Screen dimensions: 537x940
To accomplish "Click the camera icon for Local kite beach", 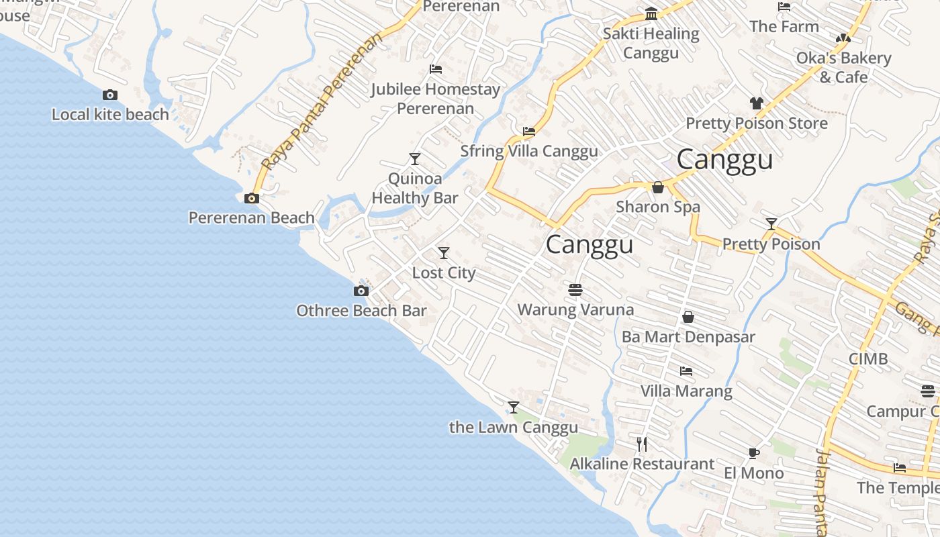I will [x=110, y=95].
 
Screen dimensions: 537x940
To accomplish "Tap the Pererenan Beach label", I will [x=251, y=217].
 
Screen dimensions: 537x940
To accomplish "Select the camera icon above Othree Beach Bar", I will [x=361, y=291].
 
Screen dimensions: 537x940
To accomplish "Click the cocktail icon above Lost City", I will [x=444, y=253].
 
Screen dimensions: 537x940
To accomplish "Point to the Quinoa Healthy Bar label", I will [x=415, y=188].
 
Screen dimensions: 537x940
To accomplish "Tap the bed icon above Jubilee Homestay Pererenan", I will [x=436, y=69].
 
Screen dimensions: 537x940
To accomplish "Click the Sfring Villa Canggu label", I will [x=529, y=151].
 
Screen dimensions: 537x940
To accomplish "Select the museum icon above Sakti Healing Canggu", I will [x=651, y=14].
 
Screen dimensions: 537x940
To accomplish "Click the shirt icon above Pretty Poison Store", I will [x=757, y=103].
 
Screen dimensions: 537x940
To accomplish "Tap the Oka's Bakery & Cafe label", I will [x=843, y=67].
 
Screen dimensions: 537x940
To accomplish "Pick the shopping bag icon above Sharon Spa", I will [x=658, y=187].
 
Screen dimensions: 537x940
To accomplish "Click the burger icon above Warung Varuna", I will [x=575, y=290].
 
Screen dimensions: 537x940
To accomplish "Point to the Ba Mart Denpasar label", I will [x=688, y=337].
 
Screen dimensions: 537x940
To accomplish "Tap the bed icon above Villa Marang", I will [x=686, y=371].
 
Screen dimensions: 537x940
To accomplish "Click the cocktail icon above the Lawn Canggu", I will [x=514, y=407].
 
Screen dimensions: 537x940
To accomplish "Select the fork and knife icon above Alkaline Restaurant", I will [x=642, y=444].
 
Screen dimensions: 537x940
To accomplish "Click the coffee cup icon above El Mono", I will [x=754, y=453].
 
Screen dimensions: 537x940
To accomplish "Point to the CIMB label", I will [x=868, y=358].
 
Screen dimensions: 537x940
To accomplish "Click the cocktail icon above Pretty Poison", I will [x=771, y=224].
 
